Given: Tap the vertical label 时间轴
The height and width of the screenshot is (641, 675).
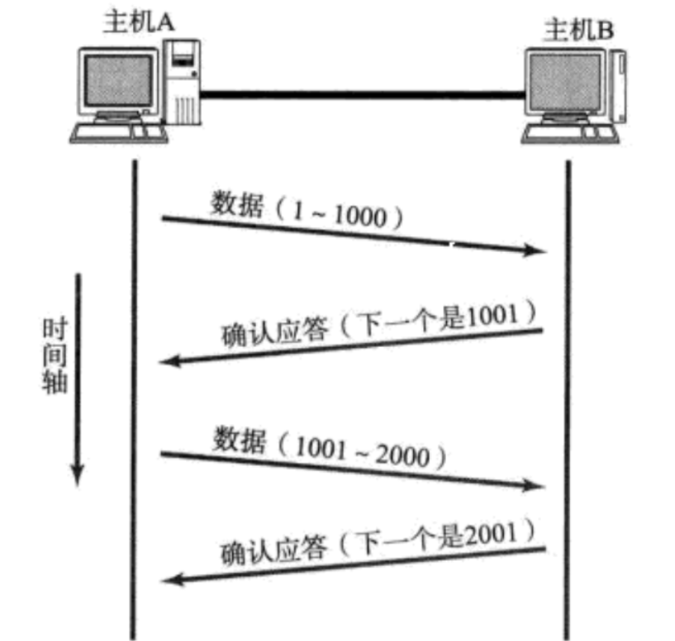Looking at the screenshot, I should (x=55, y=356).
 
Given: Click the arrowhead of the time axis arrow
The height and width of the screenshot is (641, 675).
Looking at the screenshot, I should (x=77, y=475).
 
